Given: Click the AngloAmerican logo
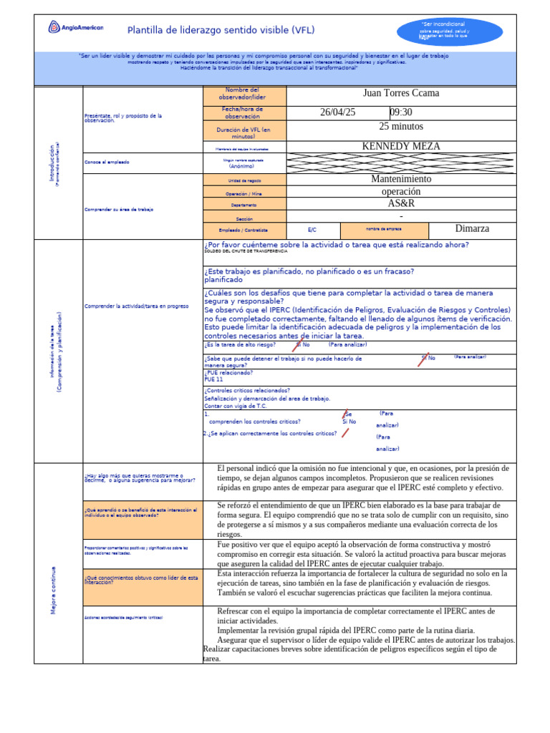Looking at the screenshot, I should pos(76,28).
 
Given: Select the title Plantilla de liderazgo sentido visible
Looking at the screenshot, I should pos(221,30).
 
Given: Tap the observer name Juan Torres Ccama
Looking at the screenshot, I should pos(401,94).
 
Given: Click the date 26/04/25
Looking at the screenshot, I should pos(337,112).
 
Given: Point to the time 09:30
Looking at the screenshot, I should pos(401,112).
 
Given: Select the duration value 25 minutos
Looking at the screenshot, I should pos(401,127).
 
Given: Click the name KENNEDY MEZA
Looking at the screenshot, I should pos(401,146).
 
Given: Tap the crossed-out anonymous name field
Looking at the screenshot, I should pos(401,162).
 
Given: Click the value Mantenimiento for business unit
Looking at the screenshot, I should pos(401,179).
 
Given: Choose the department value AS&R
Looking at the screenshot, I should pos(401,203).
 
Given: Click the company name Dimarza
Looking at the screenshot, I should pos(473,229).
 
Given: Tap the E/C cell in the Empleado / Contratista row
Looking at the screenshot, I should pos(312,230).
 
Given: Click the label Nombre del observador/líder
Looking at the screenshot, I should pos(244,94).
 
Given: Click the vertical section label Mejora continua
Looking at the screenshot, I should pos(54,591).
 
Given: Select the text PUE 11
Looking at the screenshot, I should pos(214,379).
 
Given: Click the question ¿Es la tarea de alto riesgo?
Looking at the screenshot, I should pos(239,344).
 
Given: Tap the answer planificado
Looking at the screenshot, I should pos(223,280).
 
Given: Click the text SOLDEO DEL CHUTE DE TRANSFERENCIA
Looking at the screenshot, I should pos(246,252).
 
